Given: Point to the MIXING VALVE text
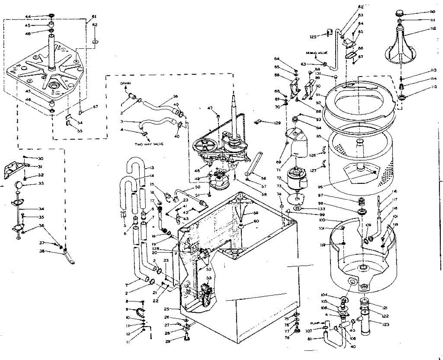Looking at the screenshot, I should (x=316, y=53).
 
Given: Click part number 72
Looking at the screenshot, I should (x=279, y=178).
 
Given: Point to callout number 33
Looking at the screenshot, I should (x=30, y=184).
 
